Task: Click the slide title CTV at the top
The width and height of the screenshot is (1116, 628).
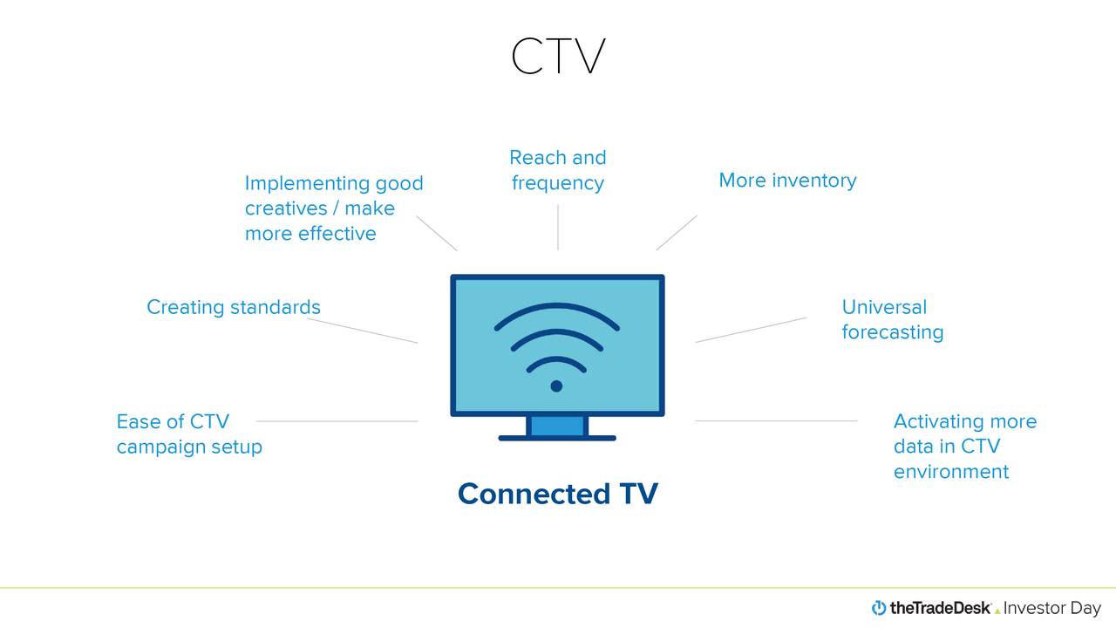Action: point(558,58)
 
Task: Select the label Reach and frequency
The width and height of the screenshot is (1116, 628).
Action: point(558,170)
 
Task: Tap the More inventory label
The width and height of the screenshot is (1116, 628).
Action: point(787,181)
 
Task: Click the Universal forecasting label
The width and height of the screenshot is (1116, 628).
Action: point(892,319)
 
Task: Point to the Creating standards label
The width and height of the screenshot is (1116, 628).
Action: point(234,307)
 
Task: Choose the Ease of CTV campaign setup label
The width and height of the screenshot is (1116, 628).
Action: point(189,433)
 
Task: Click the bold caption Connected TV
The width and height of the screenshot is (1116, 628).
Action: point(558,494)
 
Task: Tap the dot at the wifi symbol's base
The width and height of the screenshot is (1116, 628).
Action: point(556,386)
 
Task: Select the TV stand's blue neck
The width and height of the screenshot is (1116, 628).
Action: point(557,426)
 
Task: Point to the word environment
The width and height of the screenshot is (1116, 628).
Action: point(950,472)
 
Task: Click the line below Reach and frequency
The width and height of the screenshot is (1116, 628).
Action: point(558,228)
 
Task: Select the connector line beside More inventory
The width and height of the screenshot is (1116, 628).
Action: point(677,233)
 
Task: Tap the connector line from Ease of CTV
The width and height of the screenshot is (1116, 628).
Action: point(337,421)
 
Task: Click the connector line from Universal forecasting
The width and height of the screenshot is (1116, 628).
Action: point(751,330)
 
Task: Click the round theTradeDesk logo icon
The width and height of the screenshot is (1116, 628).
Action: point(879,608)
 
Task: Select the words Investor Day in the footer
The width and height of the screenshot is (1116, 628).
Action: point(1052,608)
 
